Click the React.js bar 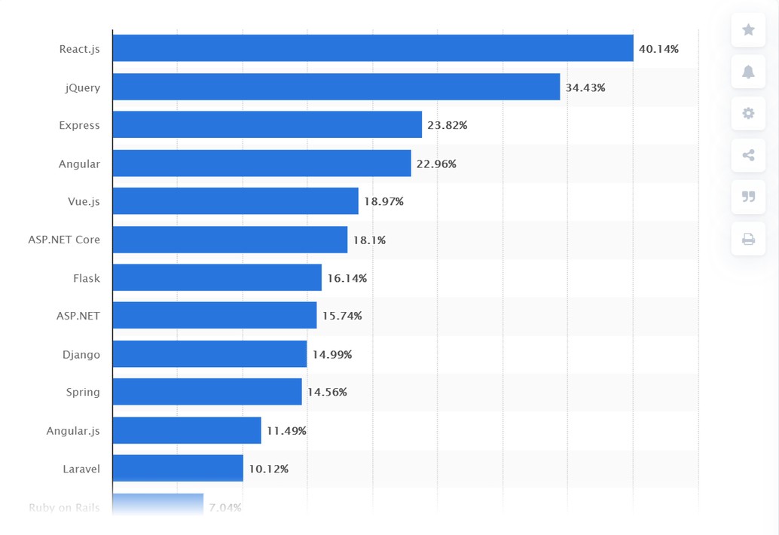point(373,48)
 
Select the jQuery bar point(336,87)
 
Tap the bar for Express point(267,125)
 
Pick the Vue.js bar point(235,201)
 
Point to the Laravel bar point(178,468)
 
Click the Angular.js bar point(187,430)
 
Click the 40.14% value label point(658,49)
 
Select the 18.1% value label point(369,240)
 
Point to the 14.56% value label point(327,393)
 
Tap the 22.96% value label point(436,164)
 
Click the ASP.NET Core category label point(64,240)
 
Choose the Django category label point(81,354)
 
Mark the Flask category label point(86,278)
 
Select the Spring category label point(83,392)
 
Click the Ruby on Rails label point(64,507)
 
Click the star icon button point(748,30)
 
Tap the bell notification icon point(748,72)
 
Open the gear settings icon point(748,113)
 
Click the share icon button point(748,155)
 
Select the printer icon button point(748,239)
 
